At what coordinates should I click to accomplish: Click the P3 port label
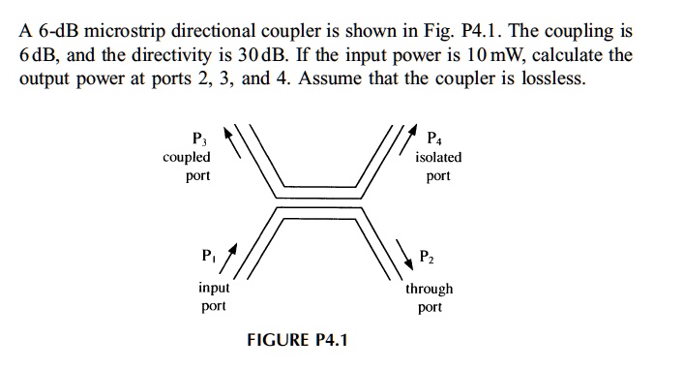199,137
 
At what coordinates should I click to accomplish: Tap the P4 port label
433,137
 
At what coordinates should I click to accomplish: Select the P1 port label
207,257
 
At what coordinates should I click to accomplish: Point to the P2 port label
427,257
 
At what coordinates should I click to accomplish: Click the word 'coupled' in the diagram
187,157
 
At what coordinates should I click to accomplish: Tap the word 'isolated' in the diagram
438,157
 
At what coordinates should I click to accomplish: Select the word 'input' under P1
213,288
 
